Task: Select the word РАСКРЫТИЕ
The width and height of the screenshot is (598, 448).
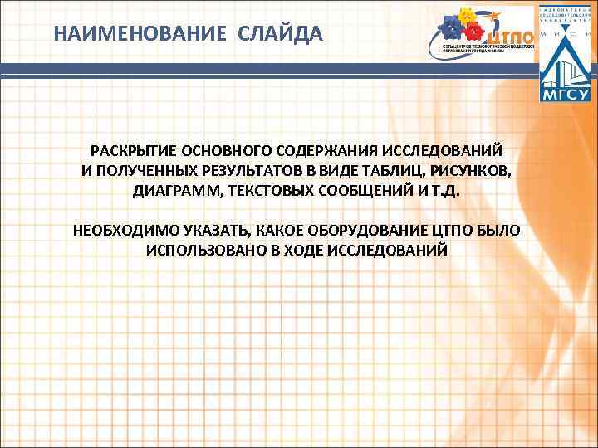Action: (130, 153)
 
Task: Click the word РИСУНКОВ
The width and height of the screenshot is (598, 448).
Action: (474, 172)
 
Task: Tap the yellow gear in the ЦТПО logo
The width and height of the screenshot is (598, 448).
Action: (467, 16)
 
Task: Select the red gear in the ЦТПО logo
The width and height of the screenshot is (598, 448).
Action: (473, 32)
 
